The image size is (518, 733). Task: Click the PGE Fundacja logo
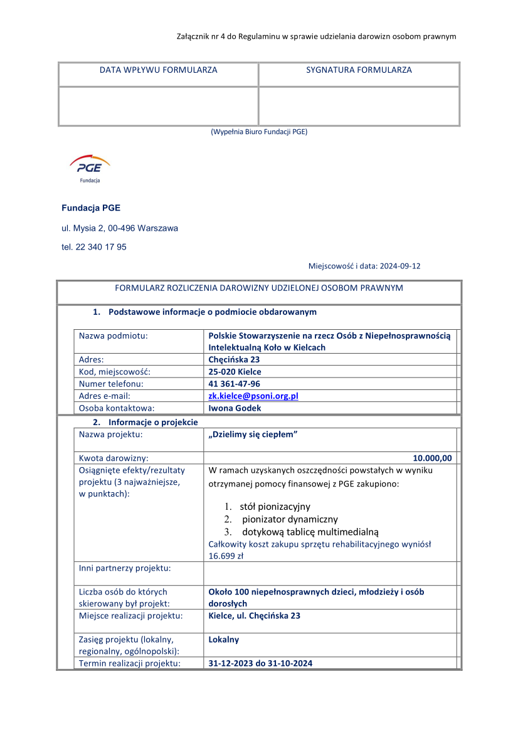pos(90,169)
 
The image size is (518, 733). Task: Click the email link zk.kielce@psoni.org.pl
pos(253,396)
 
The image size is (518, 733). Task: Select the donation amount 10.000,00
pos(432,458)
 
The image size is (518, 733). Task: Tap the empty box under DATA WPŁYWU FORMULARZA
pos(158,106)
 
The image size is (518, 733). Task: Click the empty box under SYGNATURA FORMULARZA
pos(359,106)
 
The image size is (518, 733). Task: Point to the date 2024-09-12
pos(399,266)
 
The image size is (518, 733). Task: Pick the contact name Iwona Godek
pos(235,408)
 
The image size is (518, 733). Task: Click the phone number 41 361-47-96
pos(234,384)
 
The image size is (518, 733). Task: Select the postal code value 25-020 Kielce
pos(235,372)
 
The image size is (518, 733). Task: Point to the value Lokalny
pos(223,640)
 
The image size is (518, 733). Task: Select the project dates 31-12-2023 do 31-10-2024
pos(260,663)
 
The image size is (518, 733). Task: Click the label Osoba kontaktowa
pos(116,408)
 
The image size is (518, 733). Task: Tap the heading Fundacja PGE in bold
pos(91,208)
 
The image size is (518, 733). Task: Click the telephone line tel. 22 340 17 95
pos(94,247)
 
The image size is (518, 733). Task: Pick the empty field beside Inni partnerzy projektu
pos(330,573)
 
